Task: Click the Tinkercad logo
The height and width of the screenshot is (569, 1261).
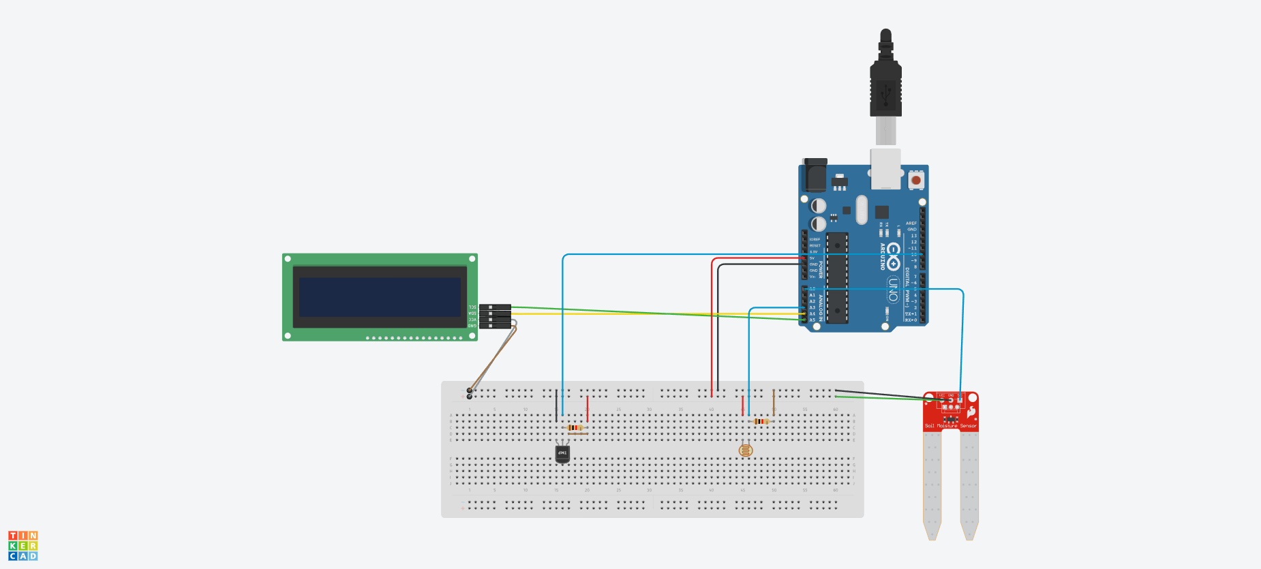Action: [x=23, y=546]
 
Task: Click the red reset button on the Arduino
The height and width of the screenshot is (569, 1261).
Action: [x=916, y=181]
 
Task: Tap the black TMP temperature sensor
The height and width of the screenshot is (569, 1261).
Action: [x=562, y=453]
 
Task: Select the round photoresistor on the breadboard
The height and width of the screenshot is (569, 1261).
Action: [x=746, y=450]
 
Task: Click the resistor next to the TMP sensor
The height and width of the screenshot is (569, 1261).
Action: [x=576, y=428]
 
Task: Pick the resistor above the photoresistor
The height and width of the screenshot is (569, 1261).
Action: [x=761, y=421]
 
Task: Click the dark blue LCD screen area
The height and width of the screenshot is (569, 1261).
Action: [x=380, y=297]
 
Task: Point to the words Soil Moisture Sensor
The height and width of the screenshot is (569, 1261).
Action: [x=950, y=426]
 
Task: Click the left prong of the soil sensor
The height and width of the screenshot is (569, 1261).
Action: [x=932, y=484]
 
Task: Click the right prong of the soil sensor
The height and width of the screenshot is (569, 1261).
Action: [x=969, y=484]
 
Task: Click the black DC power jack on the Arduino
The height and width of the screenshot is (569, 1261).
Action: [x=815, y=176]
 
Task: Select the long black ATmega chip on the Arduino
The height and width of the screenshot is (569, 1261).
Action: [x=837, y=278]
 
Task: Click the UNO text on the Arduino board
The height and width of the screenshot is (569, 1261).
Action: [x=893, y=289]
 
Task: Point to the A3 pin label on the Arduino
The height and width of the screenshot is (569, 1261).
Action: [x=812, y=307]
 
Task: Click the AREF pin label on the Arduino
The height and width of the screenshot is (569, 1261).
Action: [x=911, y=224]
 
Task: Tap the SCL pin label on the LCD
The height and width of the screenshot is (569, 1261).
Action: [x=472, y=307]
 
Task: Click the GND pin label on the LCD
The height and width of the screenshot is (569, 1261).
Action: [x=472, y=326]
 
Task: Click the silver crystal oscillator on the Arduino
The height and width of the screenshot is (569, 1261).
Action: [x=862, y=209]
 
